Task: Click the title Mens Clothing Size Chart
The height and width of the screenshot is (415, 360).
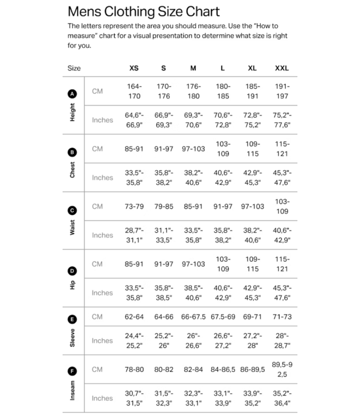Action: tap(143, 12)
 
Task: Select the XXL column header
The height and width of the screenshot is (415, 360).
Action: tap(281, 68)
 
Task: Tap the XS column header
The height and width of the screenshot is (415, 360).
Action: tap(134, 68)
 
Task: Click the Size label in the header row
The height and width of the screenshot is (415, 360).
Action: tap(74, 68)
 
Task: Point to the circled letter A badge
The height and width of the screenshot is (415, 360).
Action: tap(73, 94)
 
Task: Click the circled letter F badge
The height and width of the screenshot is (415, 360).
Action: tap(73, 371)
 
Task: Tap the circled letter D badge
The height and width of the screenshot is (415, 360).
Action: tap(73, 271)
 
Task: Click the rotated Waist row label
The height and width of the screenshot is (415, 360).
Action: tap(73, 227)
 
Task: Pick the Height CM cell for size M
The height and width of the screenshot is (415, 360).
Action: tap(193, 91)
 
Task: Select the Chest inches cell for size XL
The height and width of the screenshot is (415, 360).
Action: tap(252, 178)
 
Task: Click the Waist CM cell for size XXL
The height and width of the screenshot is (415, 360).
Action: tap(281, 206)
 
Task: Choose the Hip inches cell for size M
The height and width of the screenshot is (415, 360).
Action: tap(193, 293)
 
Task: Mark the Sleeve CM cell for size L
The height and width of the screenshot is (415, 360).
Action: tap(222, 317)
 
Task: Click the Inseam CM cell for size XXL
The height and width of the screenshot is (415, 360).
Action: tap(281, 369)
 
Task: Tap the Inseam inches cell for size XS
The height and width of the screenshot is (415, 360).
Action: tap(134, 398)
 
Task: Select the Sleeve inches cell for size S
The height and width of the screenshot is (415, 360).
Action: tap(163, 340)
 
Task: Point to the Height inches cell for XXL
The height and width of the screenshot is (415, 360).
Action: tap(281, 120)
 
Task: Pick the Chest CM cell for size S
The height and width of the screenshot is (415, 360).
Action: tap(163, 149)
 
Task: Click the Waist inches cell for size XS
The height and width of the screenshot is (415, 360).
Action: tap(134, 235)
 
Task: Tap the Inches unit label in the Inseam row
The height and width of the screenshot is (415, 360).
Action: tap(102, 398)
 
